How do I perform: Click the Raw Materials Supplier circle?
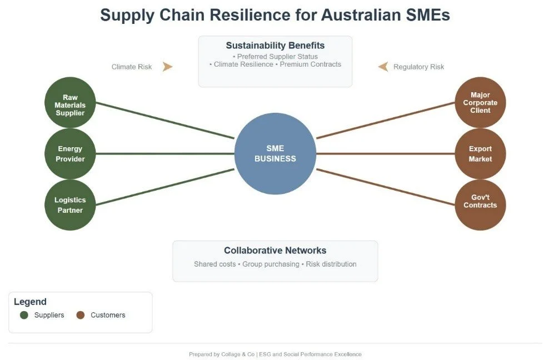click(70, 103)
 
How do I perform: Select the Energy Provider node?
click(70, 154)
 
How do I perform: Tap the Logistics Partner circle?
click(70, 204)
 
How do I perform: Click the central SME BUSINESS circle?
click(275, 153)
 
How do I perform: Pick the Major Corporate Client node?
click(480, 103)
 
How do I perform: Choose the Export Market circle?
click(480, 154)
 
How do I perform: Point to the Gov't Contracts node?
click(480, 204)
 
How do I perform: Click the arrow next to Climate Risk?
click(167, 67)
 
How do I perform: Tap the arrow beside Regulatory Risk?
click(383, 67)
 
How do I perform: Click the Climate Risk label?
click(132, 67)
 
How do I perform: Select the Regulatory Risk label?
click(418, 67)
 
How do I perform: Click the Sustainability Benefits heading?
click(275, 46)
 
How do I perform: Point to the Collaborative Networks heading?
click(275, 251)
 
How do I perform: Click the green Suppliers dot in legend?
click(24, 315)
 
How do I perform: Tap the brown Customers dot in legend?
click(81, 315)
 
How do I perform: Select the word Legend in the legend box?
click(30, 302)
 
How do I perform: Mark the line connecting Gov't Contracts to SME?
click(386, 187)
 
